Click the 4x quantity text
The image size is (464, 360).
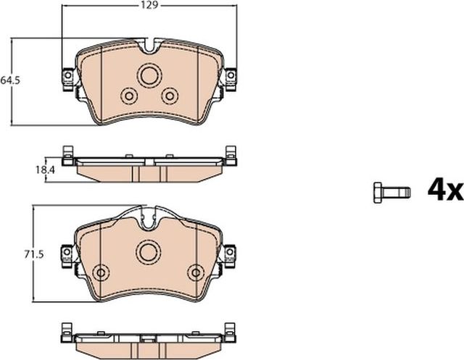(x=444, y=190)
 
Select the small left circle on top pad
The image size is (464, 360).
(x=129, y=96)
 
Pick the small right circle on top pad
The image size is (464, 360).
(x=170, y=95)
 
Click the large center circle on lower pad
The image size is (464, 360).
(x=149, y=251)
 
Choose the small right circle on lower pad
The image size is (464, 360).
(x=196, y=272)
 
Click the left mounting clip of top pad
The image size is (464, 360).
(x=68, y=77)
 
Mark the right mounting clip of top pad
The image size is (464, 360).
(x=230, y=76)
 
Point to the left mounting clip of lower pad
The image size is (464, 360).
(x=67, y=254)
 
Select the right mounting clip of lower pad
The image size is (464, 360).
(x=231, y=254)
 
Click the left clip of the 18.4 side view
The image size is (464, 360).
(x=67, y=156)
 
